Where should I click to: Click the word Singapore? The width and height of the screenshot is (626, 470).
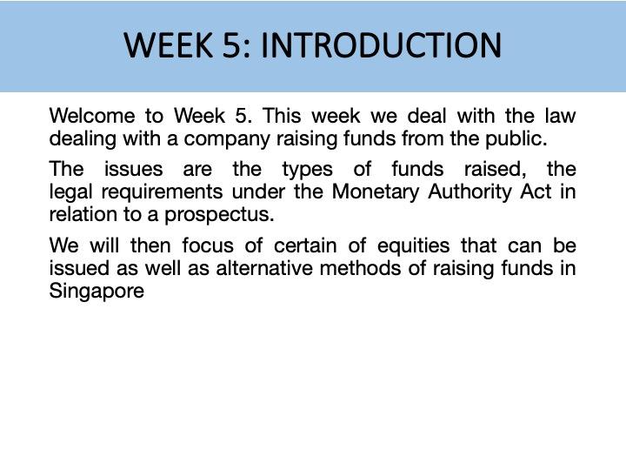(x=97, y=290)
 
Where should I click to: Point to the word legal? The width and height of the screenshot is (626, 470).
(x=70, y=191)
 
